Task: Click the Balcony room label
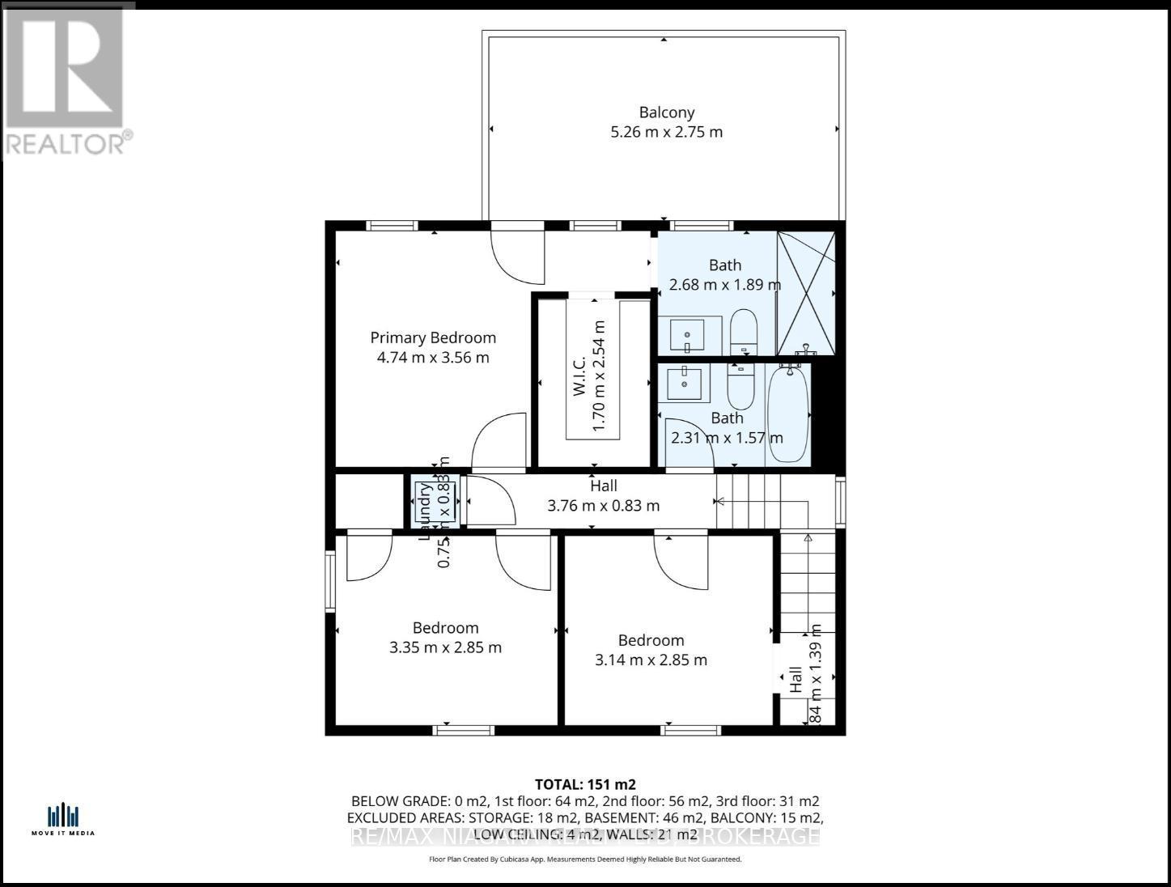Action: click(x=666, y=112)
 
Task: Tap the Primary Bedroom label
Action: click(x=433, y=337)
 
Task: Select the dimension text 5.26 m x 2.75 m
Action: click(x=666, y=132)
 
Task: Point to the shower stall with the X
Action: click(x=805, y=293)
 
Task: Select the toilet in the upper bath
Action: click(x=743, y=332)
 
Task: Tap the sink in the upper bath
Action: click(x=688, y=335)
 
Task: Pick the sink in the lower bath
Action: click(x=684, y=382)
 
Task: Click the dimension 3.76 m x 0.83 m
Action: click(x=603, y=506)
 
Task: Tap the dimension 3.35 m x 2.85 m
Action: click(x=445, y=647)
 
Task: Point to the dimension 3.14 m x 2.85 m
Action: click(x=651, y=660)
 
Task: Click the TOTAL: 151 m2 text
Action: click(x=585, y=784)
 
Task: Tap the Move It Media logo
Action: click(x=63, y=818)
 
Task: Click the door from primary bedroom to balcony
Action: click(x=518, y=255)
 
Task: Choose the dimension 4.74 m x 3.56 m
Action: click(x=433, y=358)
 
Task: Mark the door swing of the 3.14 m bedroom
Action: click(x=681, y=561)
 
